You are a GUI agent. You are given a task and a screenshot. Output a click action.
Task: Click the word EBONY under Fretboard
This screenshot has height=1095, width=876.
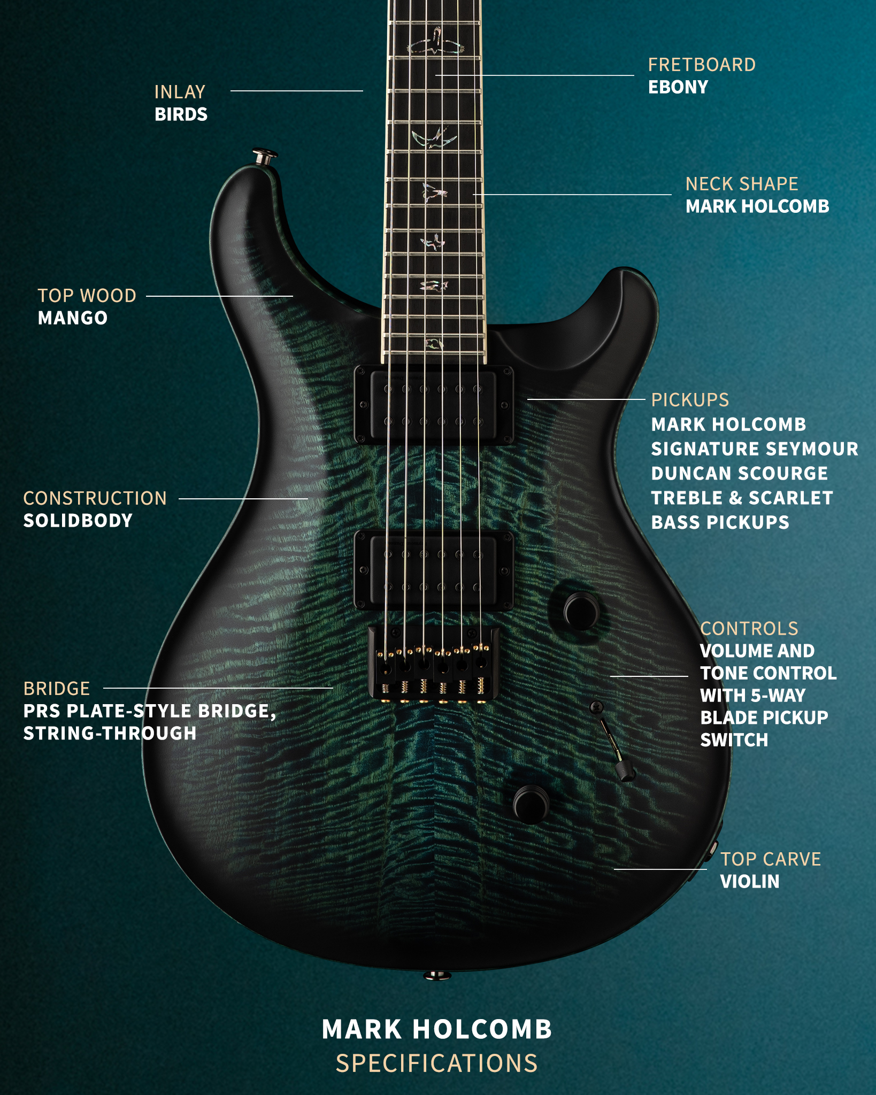pyautogui.click(x=678, y=87)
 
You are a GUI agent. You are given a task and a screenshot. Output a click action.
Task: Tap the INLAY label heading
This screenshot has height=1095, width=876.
pyautogui.click(x=180, y=92)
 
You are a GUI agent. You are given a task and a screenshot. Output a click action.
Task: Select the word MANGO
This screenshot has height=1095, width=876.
pyautogui.click(x=73, y=318)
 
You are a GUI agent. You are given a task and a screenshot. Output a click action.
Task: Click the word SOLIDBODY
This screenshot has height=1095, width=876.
pyautogui.click(x=78, y=521)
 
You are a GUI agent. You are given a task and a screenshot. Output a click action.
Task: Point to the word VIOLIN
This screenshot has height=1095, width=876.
pyautogui.click(x=750, y=882)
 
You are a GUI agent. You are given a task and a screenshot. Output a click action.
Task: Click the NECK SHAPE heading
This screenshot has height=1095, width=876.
pyautogui.click(x=742, y=184)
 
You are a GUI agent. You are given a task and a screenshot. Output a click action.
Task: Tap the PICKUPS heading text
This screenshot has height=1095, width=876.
pyautogui.click(x=690, y=400)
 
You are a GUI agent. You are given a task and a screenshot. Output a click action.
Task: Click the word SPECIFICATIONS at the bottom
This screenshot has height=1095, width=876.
pyautogui.click(x=437, y=1063)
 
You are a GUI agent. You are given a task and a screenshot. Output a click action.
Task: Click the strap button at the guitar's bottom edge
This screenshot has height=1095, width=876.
pyautogui.click(x=437, y=976)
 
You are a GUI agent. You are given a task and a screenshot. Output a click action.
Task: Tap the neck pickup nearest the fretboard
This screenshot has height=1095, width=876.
pyautogui.click(x=434, y=405)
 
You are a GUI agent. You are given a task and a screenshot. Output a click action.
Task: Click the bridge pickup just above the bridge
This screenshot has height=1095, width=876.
pyautogui.click(x=434, y=570)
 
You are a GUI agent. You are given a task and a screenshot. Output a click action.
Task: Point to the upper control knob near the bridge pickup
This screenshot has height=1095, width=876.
pyautogui.click(x=582, y=611)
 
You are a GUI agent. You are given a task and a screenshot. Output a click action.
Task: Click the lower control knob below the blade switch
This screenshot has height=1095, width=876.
pyautogui.click(x=531, y=805)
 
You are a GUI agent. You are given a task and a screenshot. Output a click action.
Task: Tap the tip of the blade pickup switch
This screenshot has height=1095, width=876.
pyautogui.click(x=625, y=771)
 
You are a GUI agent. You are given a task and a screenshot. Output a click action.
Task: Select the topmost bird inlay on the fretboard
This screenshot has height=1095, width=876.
pyautogui.click(x=435, y=42)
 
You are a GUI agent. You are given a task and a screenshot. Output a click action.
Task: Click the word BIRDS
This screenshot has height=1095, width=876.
pyautogui.click(x=181, y=114)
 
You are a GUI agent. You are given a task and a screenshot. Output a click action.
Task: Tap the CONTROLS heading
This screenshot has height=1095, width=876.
pyautogui.click(x=749, y=629)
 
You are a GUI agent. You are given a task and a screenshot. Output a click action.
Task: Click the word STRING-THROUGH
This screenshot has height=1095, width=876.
pyautogui.click(x=110, y=734)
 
